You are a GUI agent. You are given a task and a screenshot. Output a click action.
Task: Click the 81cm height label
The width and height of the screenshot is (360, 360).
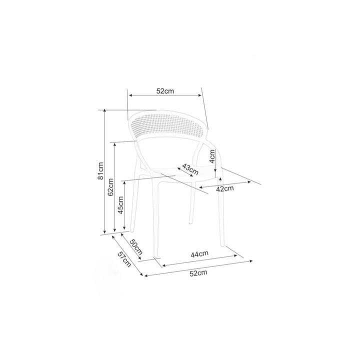point(100,171)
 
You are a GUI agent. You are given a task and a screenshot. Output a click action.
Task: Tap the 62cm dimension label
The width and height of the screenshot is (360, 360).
point(110,187)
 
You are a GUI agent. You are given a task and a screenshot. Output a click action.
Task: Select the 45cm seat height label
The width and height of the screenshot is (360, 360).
point(120,205)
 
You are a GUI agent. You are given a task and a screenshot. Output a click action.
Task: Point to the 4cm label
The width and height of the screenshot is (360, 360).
point(212,156)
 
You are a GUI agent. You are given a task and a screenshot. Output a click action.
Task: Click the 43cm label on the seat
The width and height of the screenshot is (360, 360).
point(190,169)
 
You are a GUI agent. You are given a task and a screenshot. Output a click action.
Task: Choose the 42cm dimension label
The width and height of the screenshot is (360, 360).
point(225,189)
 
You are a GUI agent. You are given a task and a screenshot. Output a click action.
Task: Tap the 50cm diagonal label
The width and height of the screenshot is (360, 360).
point(136,247)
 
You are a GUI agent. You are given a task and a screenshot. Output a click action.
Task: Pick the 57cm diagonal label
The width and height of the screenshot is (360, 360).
point(124,259)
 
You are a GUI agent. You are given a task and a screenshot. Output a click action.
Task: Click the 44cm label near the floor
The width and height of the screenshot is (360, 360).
point(199,254)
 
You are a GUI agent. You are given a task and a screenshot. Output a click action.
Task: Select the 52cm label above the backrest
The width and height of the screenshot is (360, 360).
point(165,91)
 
